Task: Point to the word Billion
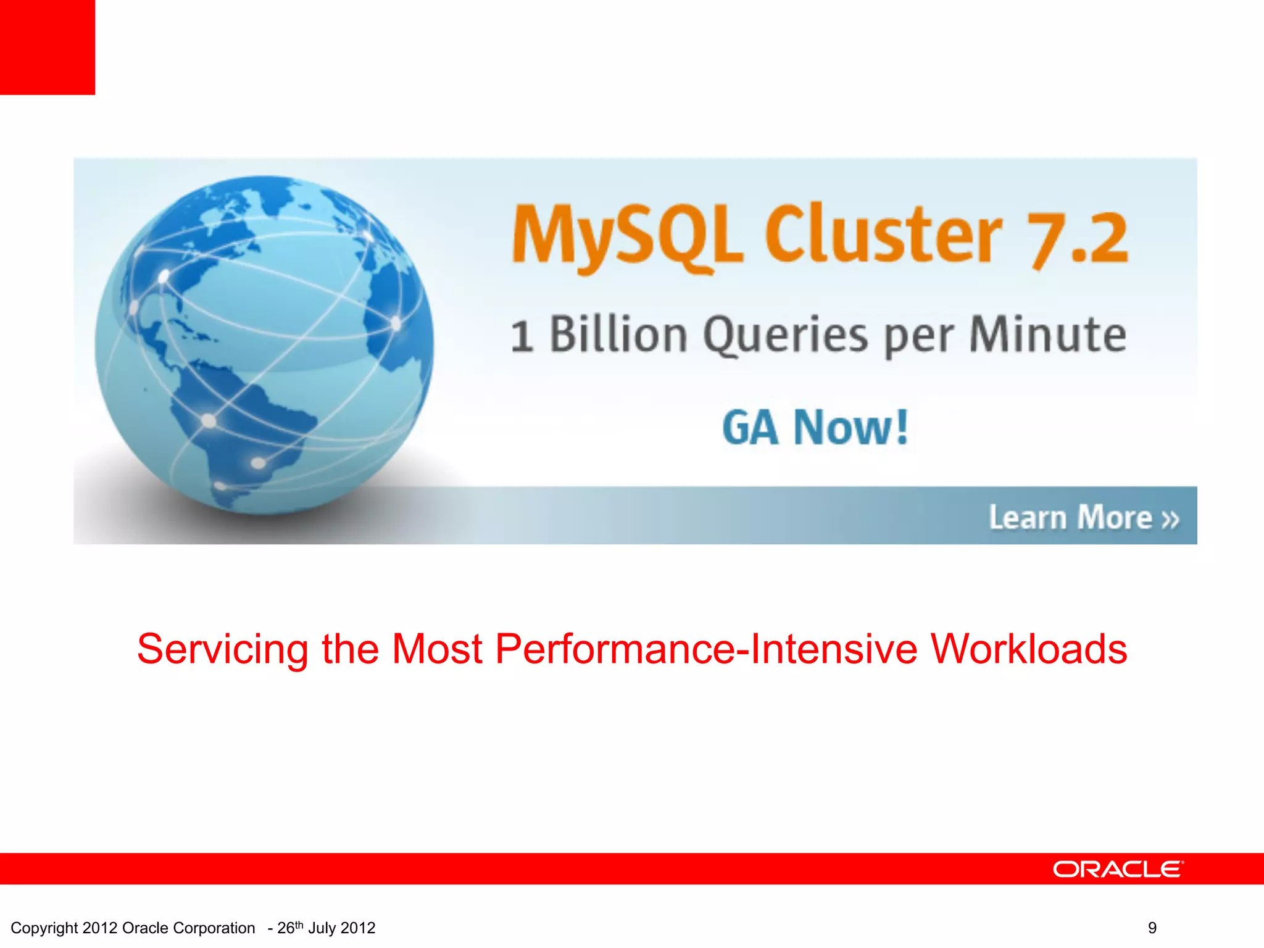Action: [x=618, y=335]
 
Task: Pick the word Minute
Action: [x=1047, y=335]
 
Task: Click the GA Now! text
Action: [x=815, y=427]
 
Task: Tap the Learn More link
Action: [x=1071, y=517]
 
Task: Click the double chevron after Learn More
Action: [x=1170, y=519]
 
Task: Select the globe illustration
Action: [x=264, y=346]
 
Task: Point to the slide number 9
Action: [x=1152, y=928]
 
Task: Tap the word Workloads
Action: [x=1029, y=649]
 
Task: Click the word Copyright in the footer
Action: [x=44, y=928]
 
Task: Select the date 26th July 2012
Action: [x=326, y=928]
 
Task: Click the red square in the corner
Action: [x=48, y=48]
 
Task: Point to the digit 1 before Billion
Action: [x=522, y=337]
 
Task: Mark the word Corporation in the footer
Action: [x=214, y=928]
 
